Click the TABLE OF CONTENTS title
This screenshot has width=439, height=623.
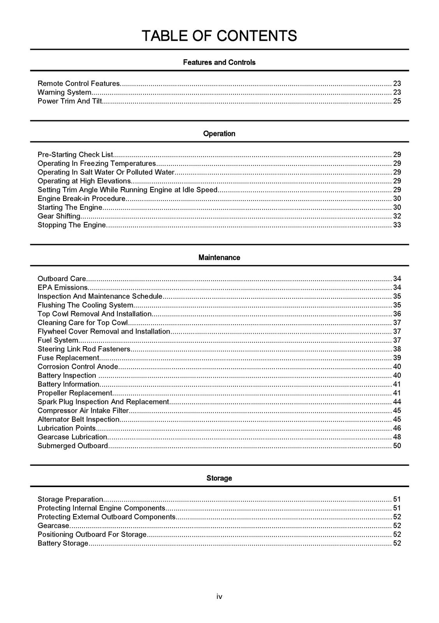pyautogui.click(x=219, y=36)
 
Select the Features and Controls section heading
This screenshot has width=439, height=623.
pyautogui.click(x=219, y=62)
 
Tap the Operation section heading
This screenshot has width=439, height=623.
pyautogui.click(x=219, y=134)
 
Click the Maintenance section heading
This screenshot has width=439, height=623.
pyautogui.click(x=219, y=257)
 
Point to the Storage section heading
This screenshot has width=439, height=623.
pyautogui.click(x=219, y=478)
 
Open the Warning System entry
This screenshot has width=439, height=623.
pyautogui.click(x=65, y=92)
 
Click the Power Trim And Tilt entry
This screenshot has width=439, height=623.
pyautogui.click(x=70, y=101)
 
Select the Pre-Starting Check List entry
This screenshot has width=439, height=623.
pyautogui.click(x=75, y=155)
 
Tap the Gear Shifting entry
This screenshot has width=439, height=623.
pyautogui.click(x=59, y=216)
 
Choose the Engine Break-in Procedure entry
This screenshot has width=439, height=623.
pyautogui.click(x=81, y=199)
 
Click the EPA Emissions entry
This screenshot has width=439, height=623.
pyautogui.click(x=63, y=287)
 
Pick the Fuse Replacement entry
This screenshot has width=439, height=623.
pyautogui.click(x=68, y=358)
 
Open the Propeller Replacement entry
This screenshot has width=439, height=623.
pyautogui.click(x=75, y=393)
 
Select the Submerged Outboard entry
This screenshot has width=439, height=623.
pyautogui.click(x=73, y=446)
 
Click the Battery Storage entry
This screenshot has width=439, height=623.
pyautogui.click(x=63, y=543)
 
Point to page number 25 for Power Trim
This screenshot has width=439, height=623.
pyautogui.click(x=397, y=101)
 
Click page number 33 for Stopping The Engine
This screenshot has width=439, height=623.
pyautogui.click(x=397, y=225)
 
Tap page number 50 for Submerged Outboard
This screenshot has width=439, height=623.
pyautogui.click(x=397, y=446)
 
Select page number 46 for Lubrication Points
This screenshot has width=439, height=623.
pyautogui.click(x=397, y=428)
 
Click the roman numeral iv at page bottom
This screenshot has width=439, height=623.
pyautogui.click(x=219, y=597)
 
